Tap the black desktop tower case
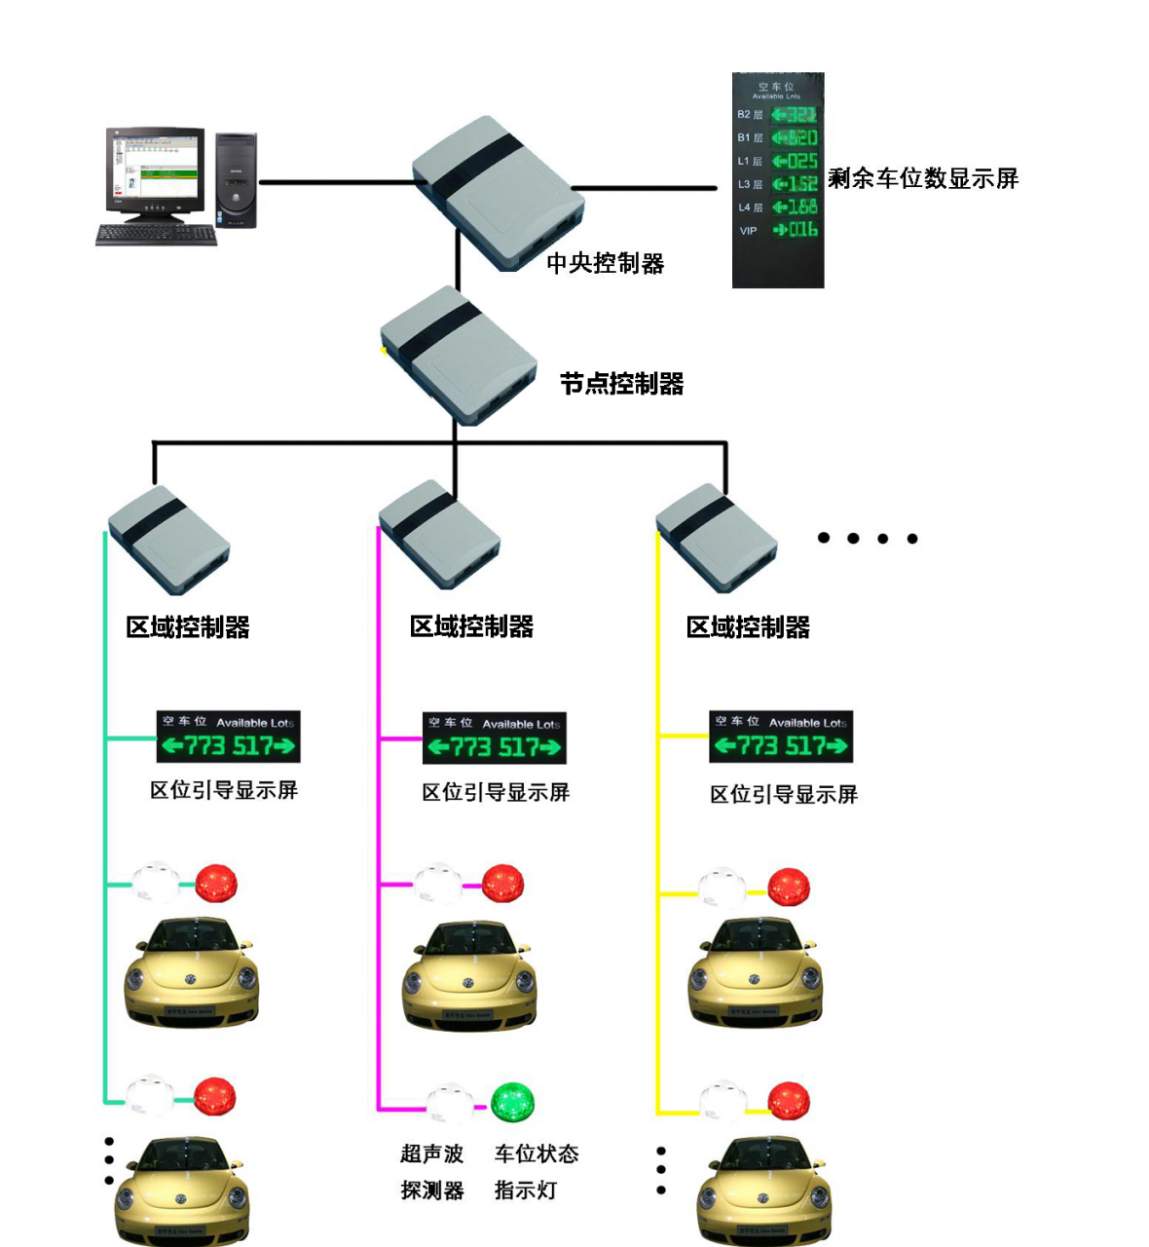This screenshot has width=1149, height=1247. [x=236, y=181]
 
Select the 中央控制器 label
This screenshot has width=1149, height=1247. [x=605, y=263]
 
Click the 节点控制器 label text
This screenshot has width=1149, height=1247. [x=621, y=384]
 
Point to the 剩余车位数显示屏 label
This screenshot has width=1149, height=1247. [x=922, y=178]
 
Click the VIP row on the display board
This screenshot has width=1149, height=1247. [x=778, y=230]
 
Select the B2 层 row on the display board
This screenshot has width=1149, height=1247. [x=778, y=115]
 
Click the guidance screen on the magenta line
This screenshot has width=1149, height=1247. [x=495, y=738]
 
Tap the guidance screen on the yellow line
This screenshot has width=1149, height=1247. [x=781, y=737]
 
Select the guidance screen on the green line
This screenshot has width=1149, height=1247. [x=228, y=737]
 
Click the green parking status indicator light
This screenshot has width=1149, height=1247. [x=512, y=1102]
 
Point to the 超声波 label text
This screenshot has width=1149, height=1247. [x=431, y=1153]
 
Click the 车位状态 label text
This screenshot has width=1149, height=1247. [x=536, y=1153]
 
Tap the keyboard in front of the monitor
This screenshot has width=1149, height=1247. [x=156, y=235]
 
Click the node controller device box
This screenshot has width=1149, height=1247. [x=459, y=355]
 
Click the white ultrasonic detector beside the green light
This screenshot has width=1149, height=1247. [x=450, y=1102]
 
